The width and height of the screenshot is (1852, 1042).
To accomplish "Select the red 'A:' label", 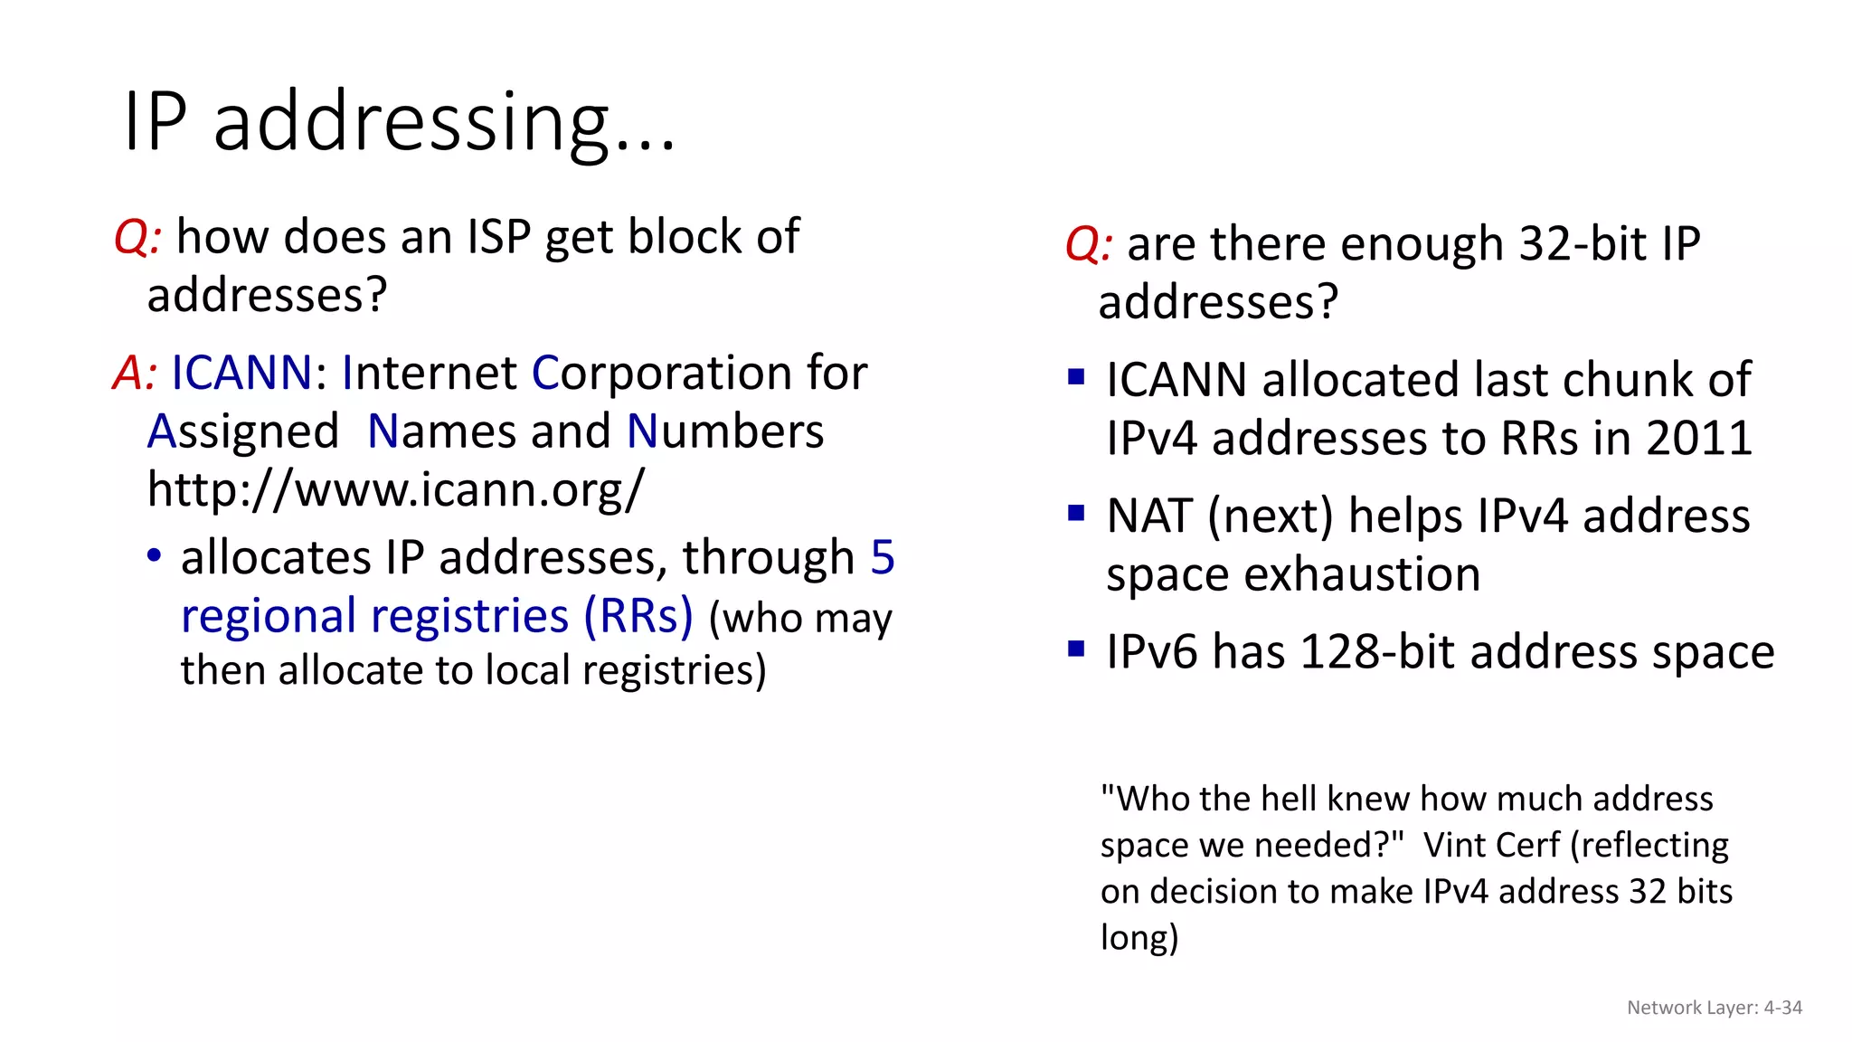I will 136,374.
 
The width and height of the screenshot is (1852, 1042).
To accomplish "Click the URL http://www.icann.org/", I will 396,490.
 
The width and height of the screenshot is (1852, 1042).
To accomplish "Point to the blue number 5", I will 883,558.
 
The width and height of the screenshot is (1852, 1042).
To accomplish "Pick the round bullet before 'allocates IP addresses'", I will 155,555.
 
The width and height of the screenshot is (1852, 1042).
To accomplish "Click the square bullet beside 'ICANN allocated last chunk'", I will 1076,376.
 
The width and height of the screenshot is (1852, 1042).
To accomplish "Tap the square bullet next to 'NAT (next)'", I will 1076,514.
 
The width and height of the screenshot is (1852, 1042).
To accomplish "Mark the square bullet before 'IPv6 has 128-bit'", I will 1076,649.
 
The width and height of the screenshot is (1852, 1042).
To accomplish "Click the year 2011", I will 1699,439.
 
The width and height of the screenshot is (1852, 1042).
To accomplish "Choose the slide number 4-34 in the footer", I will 1782,1008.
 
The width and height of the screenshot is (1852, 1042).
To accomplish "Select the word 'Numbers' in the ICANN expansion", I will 725,432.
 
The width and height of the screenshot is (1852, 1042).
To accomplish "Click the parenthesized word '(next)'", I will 1271,517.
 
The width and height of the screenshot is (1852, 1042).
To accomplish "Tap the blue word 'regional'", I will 269,617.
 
